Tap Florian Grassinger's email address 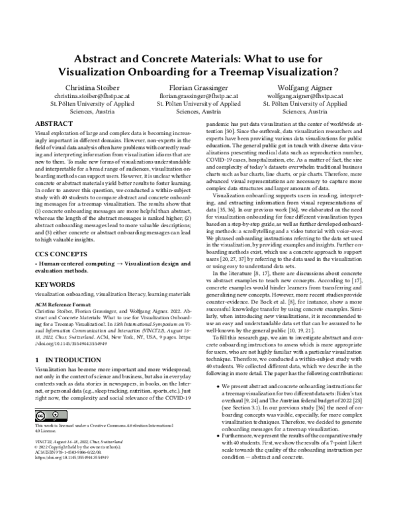click(198, 96)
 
